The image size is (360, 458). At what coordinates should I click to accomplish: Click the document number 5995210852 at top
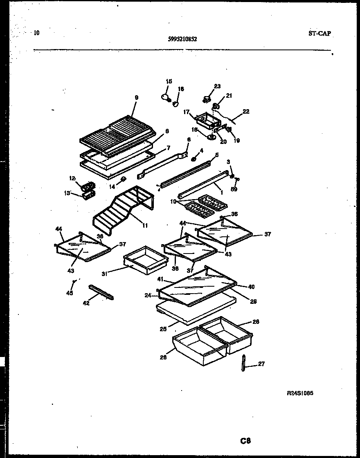coord(182,39)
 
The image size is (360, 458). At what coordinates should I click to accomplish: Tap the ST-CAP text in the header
coord(319,34)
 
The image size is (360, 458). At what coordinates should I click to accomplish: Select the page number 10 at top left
coord(37,33)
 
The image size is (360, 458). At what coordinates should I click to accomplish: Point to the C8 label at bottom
coord(245,441)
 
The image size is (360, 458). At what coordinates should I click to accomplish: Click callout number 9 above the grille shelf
coord(137,97)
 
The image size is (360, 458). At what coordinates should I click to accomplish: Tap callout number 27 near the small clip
coord(261,364)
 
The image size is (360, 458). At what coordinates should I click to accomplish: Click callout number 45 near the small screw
coord(70,293)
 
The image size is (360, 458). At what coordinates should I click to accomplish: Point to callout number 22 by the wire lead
coord(246,111)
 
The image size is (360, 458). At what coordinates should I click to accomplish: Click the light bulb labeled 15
coord(166,97)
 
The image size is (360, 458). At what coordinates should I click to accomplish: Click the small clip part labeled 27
coord(244,363)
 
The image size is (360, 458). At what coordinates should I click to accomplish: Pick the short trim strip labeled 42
coord(101,292)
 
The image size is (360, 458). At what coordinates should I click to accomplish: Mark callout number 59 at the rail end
coord(234,189)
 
